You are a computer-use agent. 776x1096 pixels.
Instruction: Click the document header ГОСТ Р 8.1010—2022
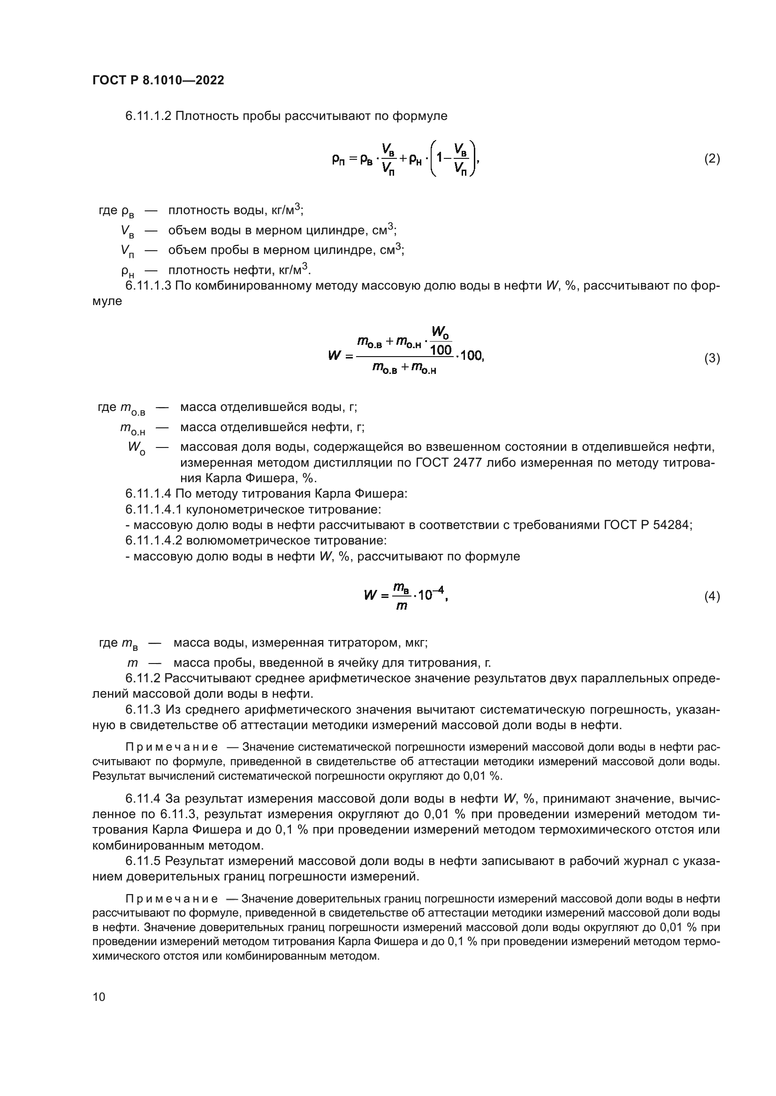158,81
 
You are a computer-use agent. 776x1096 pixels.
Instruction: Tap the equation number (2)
712,159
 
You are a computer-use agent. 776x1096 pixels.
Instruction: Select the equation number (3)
712,358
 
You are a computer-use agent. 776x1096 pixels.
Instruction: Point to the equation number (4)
712,596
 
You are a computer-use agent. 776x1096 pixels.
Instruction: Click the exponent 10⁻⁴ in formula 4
431,594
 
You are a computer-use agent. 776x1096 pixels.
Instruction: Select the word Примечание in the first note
172,747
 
